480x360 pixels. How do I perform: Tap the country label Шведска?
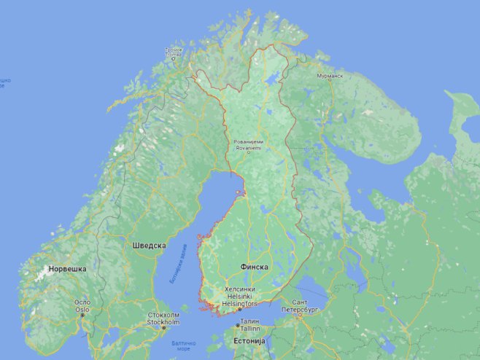(x=149, y=246)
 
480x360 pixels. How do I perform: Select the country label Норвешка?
(x=67, y=269)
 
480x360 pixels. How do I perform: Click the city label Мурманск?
(x=330, y=76)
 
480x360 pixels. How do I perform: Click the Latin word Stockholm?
(x=163, y=321)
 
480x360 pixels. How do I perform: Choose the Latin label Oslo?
(x=82, y=309)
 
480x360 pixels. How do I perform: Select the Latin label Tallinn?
(x=249, y=328)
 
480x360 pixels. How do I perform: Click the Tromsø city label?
(x=174, y=52)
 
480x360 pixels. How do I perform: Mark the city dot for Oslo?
(x=82, y=316)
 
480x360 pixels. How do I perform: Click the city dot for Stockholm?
(x=163, y=327)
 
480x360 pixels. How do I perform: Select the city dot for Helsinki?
(x=239, y=309)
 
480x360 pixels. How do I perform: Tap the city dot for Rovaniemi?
(x=248, y=153)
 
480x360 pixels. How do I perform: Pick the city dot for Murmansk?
(x=330, y=81)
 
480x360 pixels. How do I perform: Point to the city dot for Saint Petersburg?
(x=298, y=315)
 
